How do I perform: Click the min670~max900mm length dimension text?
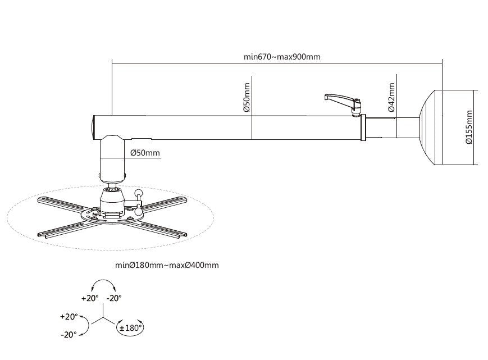(278, 57)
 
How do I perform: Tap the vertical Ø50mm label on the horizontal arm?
(247, 98)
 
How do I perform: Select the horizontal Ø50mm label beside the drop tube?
(145, 152)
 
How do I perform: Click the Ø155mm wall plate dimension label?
(469, 127)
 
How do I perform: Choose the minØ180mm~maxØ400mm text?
(167, 265)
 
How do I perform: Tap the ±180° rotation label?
(130, 327)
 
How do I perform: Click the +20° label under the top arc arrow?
(90, 298)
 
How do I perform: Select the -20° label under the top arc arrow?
(114, 298)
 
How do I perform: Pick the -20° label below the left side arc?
(69, 335)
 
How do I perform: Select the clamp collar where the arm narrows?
(364, 127)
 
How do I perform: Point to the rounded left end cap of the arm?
(94, 127)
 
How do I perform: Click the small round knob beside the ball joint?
(139, 195)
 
